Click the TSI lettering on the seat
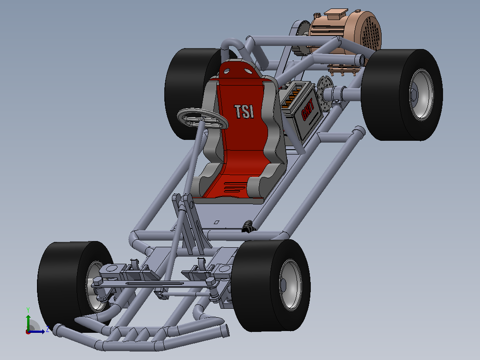pos(244,111)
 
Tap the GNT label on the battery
pos(308,109)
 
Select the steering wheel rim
pos(203,118)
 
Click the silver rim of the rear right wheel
pos(422,94)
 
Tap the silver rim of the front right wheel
pos(290,285)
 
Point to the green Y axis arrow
pos(28,322)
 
